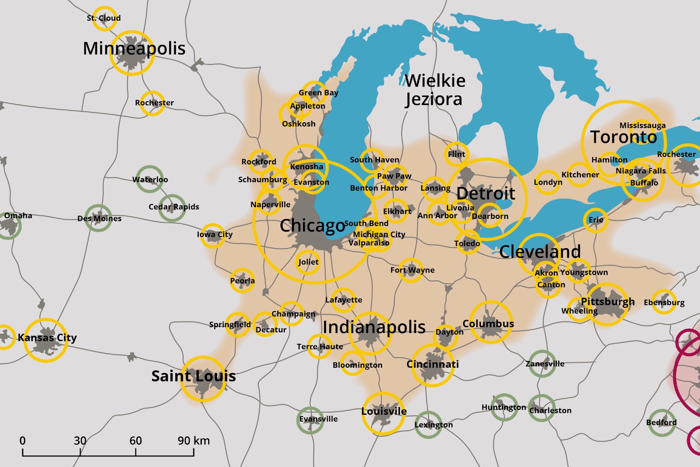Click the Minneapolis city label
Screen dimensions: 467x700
coord(134,49)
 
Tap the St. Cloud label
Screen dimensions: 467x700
coord(104,18)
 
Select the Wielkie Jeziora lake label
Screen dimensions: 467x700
coord(435,90)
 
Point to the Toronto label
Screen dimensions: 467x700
coord(623,137)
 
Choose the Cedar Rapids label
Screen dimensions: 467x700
coord(174,207)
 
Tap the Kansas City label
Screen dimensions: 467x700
coord(47,337)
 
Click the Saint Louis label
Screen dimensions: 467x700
coord(194,376)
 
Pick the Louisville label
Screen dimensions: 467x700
coord(384,411)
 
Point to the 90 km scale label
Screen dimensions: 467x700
coord(194,441)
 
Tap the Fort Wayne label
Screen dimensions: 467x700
coord(412,270)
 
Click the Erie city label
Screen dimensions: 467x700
coord(596,220)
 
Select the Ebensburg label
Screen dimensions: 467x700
coord(664,302)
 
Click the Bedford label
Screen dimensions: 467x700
coord(661,422)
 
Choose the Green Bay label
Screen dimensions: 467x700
coord(318,93)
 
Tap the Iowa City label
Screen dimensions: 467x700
coord(214,234)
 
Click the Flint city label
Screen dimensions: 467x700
coord(456,154)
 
